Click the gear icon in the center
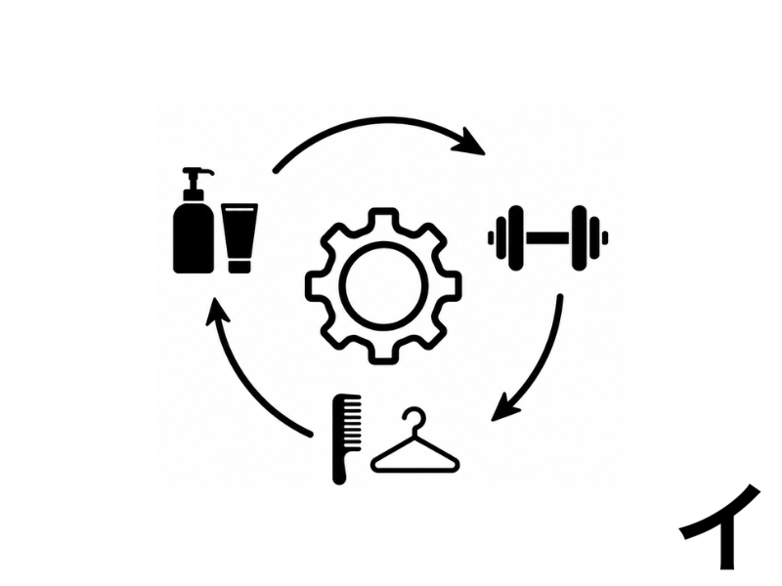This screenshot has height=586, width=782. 383,286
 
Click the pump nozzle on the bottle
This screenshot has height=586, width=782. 197,173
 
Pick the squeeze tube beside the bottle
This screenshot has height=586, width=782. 239,238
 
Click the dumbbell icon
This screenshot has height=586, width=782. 547,238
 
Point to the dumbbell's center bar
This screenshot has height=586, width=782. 547,238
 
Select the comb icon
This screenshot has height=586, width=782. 346,439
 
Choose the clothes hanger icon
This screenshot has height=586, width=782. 414,440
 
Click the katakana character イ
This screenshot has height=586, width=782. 720,527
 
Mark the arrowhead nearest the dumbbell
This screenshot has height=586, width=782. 470,143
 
